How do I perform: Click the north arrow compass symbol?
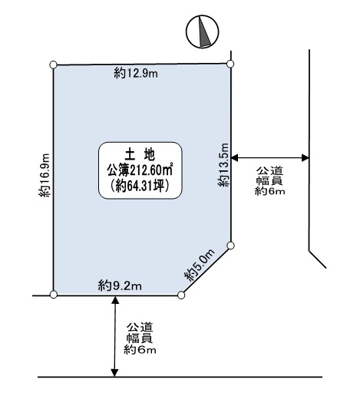click(202, 31)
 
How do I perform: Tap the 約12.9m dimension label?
click(136, 74)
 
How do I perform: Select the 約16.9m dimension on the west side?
click(44, 175)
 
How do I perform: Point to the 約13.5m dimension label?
click(223, 165)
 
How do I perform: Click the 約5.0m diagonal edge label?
click(200, 265)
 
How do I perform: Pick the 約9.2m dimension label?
click(120, 285)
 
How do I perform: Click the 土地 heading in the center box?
click(140, 154)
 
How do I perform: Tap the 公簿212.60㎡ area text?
click(140, 170)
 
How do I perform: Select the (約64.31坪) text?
click(140, 186)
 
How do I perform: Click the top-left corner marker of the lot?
click(53, 64)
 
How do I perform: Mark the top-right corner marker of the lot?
click(230, 64)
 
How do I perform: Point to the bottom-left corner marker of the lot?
click(54, 295)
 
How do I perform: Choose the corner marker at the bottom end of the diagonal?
click(181, 295)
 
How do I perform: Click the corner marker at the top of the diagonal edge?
click(230, 246)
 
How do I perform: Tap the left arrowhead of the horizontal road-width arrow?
click(234, 158)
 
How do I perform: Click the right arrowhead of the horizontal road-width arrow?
click(306, 158)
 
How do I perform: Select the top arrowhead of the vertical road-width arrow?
click(115, 300)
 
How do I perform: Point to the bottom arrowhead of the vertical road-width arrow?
click(115, 373)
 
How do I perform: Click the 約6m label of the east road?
click(269, 191)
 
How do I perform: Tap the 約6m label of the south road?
click(140, 349)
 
